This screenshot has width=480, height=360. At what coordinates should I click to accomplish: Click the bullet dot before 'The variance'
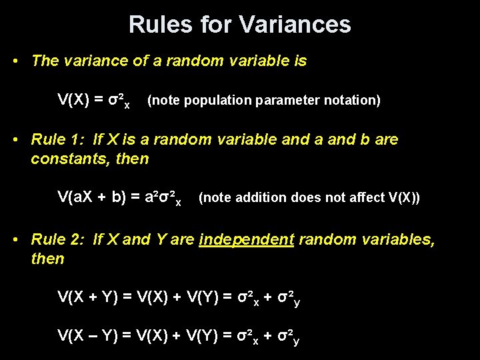(17, 61)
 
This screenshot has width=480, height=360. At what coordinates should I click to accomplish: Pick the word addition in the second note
(257, 198)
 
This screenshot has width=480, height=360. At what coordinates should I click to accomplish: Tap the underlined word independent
(247, 240)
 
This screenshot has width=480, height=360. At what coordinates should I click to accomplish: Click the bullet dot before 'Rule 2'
(17, 239)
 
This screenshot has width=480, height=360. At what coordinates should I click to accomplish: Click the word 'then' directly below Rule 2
(47, 259)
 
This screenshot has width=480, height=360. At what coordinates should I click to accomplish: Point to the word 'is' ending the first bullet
(299, 61)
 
